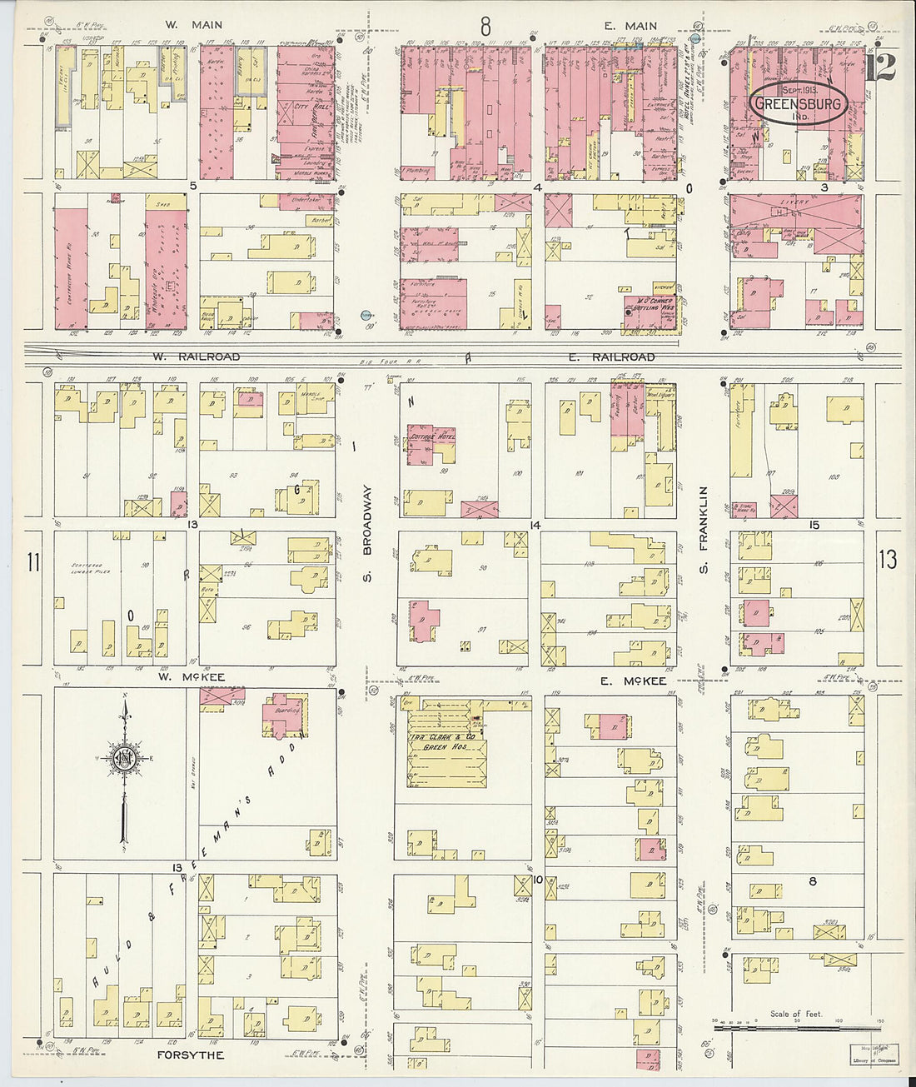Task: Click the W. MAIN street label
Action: (x=193, y=25)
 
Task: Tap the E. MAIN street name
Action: (x=630, y=26)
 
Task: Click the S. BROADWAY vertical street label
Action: (x=366, y=534)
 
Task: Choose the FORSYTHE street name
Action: (x=191, y=1055)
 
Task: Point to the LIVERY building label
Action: (x=794, y=202)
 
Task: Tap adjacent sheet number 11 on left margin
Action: (x=32, y=562)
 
